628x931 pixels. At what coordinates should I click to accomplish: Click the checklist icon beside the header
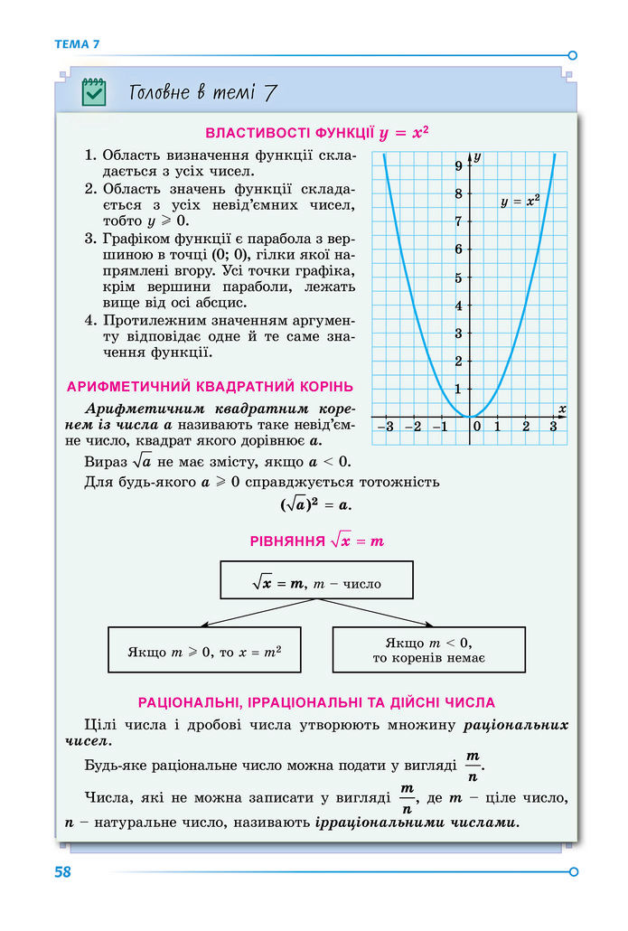94,91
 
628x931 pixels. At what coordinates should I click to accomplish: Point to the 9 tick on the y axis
459,165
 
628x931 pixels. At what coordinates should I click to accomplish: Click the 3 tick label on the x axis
553,427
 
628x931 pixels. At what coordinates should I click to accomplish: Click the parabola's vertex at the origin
470,416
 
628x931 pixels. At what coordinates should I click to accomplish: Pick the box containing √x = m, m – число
316,579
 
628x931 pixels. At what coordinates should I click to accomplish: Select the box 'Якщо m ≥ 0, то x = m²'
204,650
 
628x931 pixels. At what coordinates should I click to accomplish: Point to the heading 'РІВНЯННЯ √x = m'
316,541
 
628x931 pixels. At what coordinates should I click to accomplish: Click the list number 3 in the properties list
90,239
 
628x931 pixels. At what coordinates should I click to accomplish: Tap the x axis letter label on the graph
562,409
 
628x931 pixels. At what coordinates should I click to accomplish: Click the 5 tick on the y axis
459,277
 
